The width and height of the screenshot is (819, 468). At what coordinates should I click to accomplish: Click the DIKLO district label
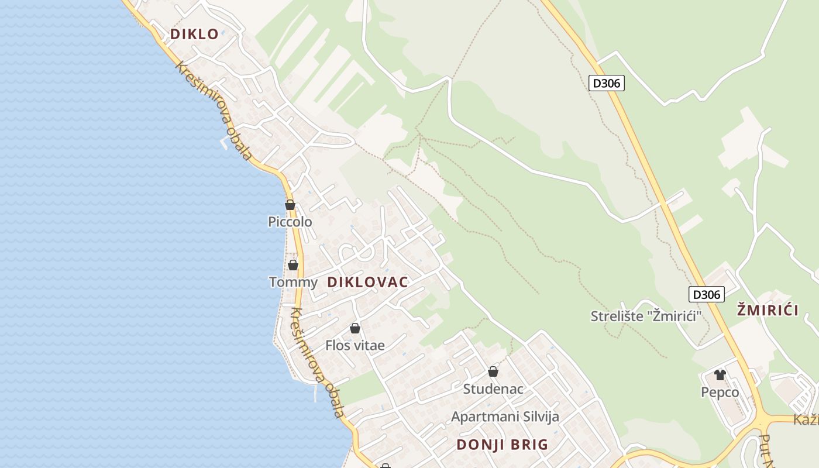point(194,34)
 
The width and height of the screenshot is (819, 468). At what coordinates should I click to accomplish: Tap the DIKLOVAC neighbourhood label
point(367,282)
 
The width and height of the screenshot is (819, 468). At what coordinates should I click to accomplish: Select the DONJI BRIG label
point(503,445)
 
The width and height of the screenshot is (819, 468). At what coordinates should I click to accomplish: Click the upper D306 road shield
point(607,83)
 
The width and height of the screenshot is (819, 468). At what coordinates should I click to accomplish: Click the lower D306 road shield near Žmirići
point(706,294)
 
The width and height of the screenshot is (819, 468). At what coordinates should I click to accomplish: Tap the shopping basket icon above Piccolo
point(290,205)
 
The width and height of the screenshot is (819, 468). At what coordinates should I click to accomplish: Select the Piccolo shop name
point(290,222)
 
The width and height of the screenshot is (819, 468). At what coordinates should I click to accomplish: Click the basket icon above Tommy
point(293,265)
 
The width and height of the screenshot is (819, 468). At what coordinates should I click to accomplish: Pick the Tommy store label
point(293,283)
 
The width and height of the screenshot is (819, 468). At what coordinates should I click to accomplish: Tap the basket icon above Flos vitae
point(355,328)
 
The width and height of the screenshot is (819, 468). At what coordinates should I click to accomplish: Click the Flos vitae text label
point(355,346)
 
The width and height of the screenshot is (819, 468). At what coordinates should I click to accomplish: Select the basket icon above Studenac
point(493,371)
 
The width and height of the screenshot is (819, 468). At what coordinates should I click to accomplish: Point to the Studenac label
point(493,389)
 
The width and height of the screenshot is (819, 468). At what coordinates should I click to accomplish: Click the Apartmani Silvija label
point(505,417)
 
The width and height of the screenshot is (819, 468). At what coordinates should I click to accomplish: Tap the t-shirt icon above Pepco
point(720,375)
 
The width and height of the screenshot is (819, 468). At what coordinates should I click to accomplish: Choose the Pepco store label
point(720,393)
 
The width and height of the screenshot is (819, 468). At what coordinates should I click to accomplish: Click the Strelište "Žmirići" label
point(646,316)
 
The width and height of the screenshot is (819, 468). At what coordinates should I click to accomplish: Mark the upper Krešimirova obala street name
point(214,111)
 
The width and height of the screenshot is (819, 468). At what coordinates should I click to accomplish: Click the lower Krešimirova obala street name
point(316,363)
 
